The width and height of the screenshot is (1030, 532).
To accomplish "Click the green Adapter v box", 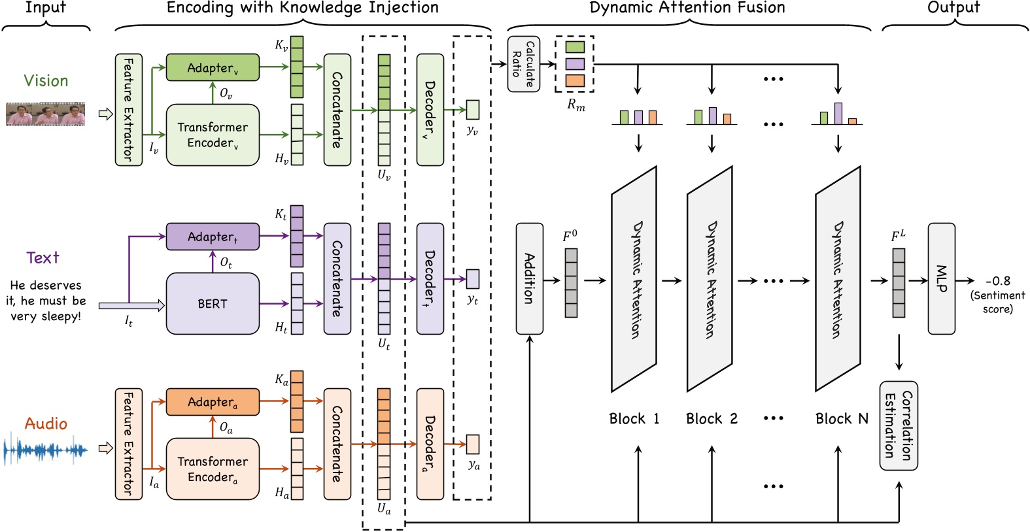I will [x=213, y=67].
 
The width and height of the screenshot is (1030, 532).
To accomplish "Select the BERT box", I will [x=213, y=304].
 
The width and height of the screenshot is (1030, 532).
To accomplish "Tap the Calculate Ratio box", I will [x=523, y=64].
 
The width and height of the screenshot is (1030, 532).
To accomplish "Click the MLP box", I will [x=941, y=278].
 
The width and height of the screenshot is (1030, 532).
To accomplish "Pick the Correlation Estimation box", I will [x=899, y=425].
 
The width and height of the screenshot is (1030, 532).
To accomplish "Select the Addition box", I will [x=529, y=278].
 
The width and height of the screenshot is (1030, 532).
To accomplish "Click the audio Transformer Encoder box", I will [x=213, y=469].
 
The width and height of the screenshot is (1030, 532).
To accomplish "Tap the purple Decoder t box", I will [x=430, y=278].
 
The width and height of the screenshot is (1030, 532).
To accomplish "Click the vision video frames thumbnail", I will [x=45, y=114].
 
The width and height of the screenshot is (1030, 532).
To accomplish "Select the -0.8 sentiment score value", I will [x=998, y=281].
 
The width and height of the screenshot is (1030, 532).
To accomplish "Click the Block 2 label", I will [x=712, y=419].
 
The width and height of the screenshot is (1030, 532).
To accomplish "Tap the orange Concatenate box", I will [x=337, y=444].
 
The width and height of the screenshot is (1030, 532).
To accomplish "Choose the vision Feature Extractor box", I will [x=128, y=110].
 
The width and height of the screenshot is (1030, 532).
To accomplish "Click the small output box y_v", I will [x=473, y=109].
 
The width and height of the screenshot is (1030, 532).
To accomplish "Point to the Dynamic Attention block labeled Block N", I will [x=837, y=279].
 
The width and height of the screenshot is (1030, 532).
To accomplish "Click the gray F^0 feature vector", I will [x=571, y=283].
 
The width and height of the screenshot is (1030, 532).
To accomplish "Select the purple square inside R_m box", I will [x=575, y=64].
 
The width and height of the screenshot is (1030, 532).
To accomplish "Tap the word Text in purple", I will [x=43, y=258].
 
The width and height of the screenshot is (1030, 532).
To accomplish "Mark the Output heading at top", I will [x=953, y=8].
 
